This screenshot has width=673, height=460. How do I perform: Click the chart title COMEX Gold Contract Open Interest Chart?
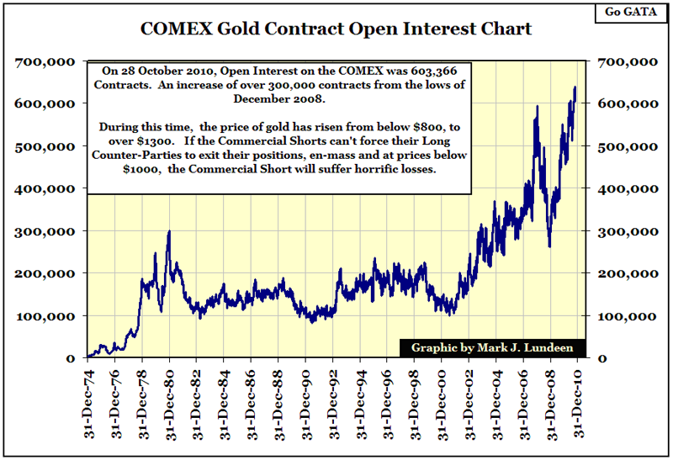click(336, 29)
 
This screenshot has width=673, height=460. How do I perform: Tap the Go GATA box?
click(629, 13)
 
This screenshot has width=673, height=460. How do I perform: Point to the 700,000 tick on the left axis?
click(44, 62)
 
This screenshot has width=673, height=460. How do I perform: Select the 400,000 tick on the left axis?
click(44, 189)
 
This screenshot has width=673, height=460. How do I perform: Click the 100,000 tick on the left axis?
click(44, 316)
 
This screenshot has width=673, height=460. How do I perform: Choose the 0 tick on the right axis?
click(602, 358)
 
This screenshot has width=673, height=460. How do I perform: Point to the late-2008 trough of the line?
click(549, 246)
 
